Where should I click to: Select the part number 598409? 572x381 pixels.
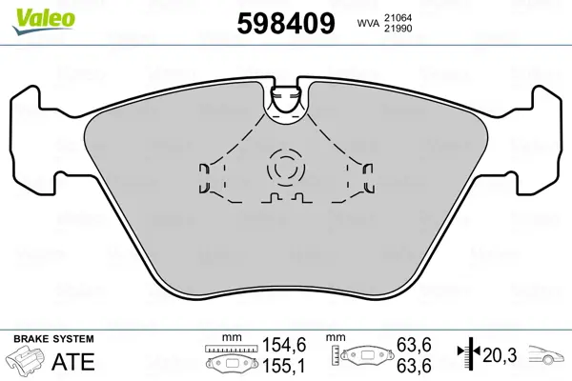[284, 23]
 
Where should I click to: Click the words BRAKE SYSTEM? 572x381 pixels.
[53, 338]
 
